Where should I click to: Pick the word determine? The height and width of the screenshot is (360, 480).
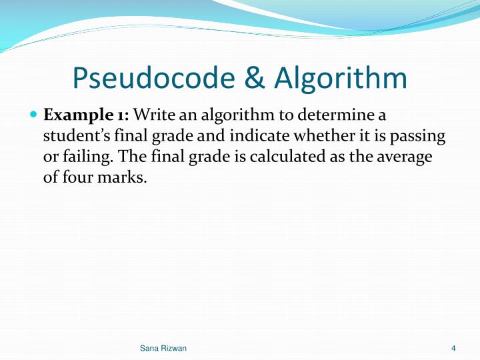327,115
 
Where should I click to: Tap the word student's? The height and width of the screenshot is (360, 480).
74,137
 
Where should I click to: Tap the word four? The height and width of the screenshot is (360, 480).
78,179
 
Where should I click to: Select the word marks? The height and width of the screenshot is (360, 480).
123,179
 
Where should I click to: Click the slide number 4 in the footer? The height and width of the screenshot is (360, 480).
453,349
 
